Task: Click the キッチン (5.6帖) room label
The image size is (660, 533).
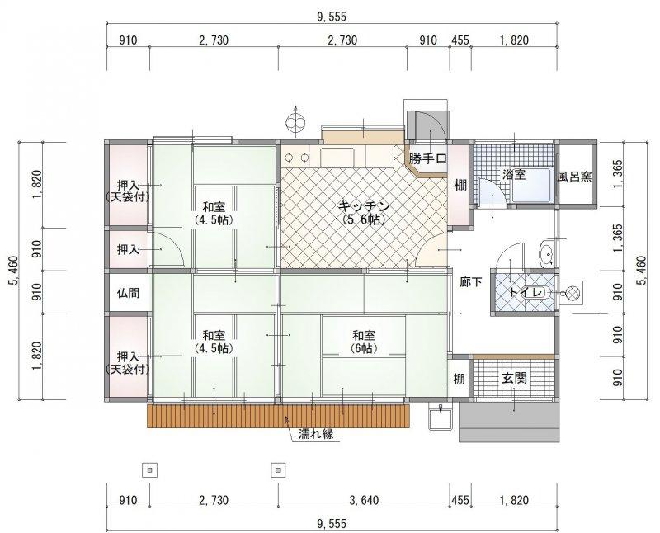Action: click(x=364, y=213)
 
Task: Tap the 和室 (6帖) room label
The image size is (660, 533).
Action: click(x=364, y=342)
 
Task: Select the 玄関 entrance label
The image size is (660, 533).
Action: click(x=514, y=378)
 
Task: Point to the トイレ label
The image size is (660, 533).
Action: click(x=526, y=292)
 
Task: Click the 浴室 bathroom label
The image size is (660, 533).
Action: click(x=514, y=174)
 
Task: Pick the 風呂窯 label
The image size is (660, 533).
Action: click(x=574, y=176)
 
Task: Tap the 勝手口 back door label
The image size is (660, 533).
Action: click(x=427, y=158)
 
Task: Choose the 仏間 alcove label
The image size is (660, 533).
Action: click(x=128, y=292)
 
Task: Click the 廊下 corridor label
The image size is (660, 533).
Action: click(x=470, y=281)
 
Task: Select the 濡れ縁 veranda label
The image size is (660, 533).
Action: click(x=316, y=434)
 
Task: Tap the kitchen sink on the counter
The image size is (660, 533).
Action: click(x=338, y=158)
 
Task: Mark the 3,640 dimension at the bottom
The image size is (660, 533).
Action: click(x=364, y=500)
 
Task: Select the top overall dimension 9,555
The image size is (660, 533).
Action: click(x=332, y=17)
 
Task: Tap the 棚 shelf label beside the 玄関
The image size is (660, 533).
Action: click(x=459, y=379)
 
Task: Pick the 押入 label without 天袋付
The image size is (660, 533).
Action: click(x=128, y=249)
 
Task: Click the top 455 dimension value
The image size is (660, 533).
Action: click(x=460, y=40)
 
